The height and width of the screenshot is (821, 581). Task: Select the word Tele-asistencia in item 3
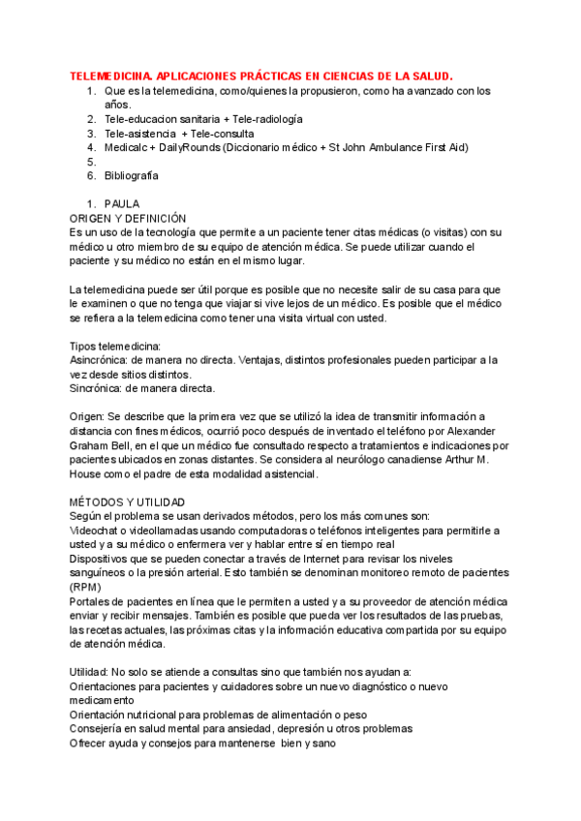coord(140,134)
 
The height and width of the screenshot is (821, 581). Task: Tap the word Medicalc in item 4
coord(127,147)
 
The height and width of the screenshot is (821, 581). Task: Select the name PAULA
coord(122,204)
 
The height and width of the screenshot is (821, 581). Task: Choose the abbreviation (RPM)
coord(85,588)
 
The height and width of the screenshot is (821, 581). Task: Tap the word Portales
coord(92,602)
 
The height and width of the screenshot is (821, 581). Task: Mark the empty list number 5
coord(90,162)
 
